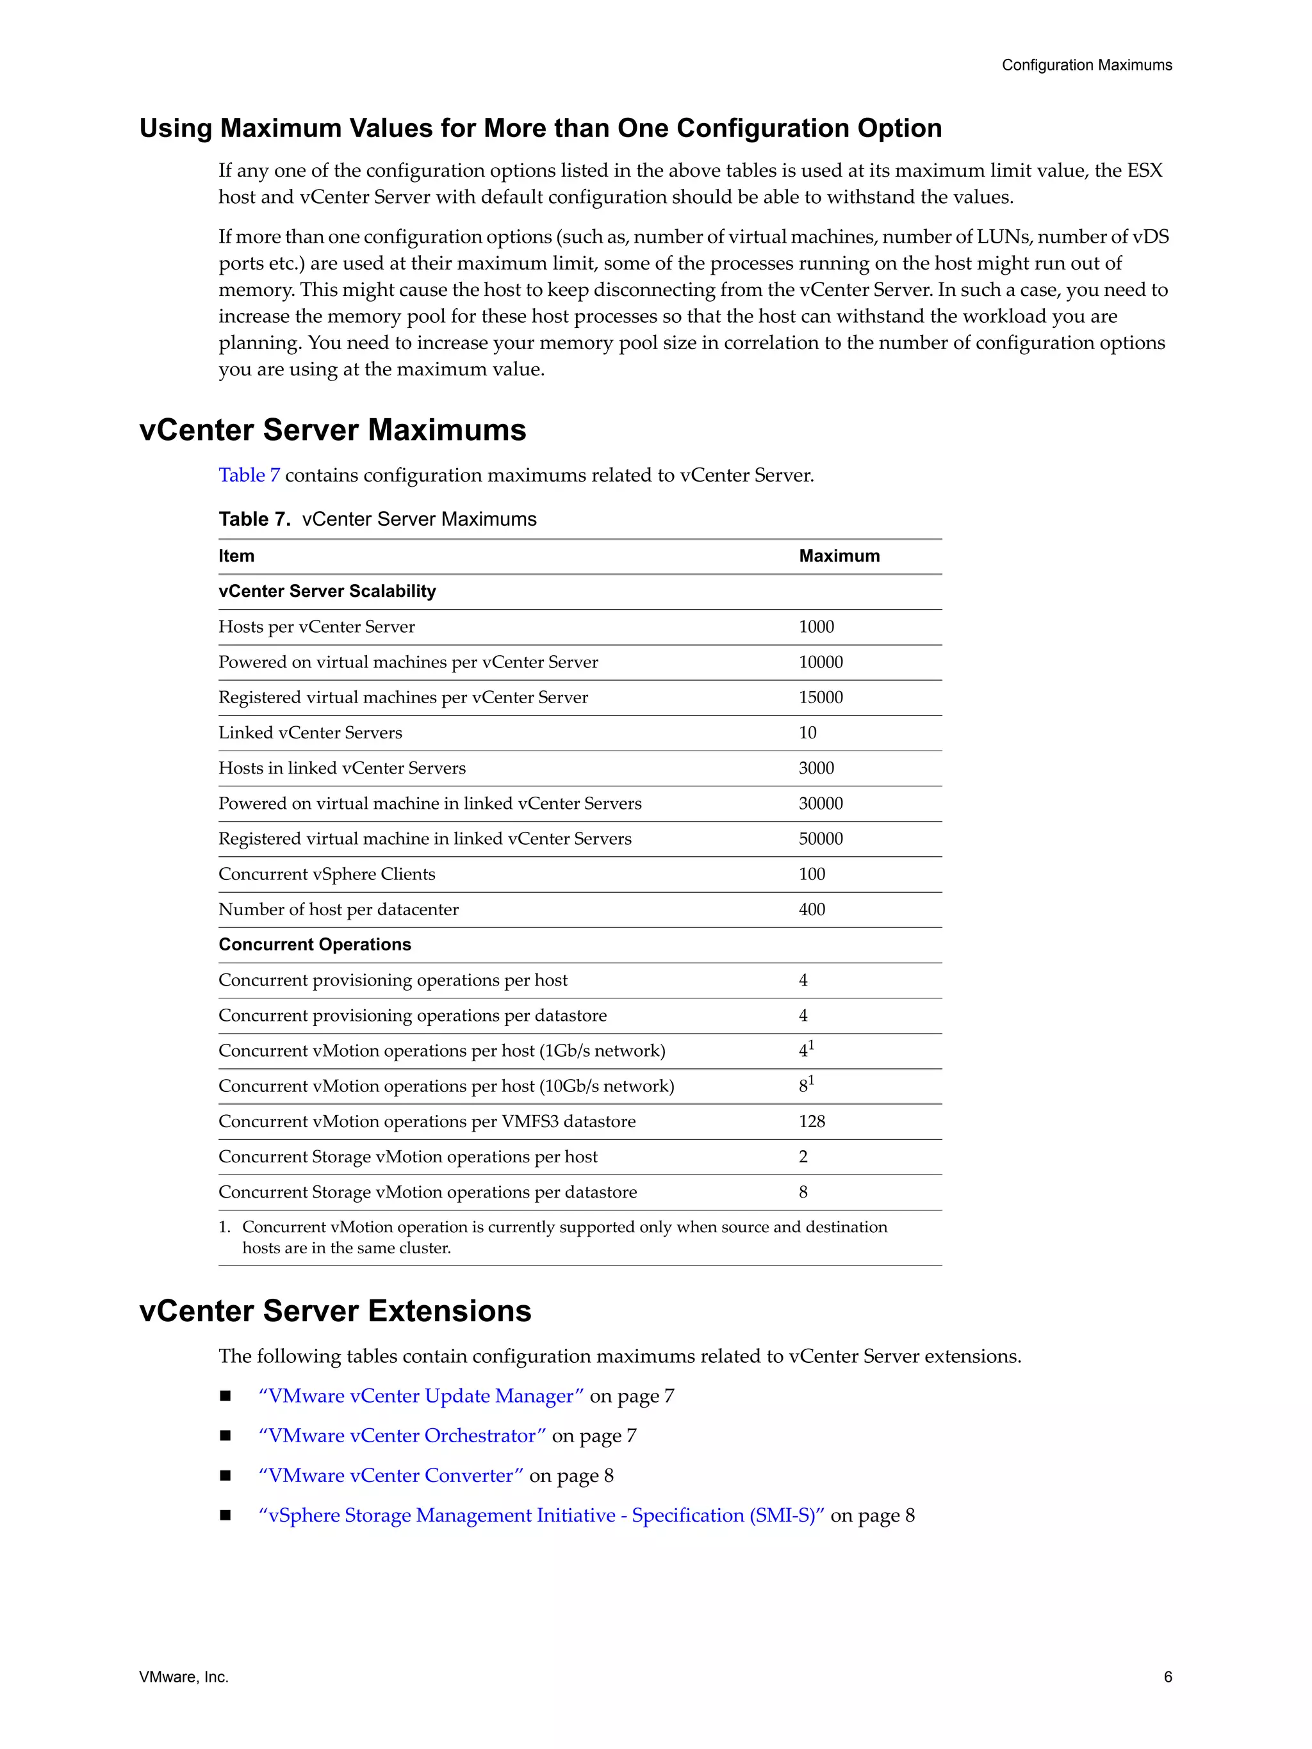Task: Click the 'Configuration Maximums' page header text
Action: pos(1086,65)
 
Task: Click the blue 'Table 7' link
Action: pos(249,475)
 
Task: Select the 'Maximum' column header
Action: pos(839,556)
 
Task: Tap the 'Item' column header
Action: pos(236,556)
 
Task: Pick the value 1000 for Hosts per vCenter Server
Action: pos(816,627)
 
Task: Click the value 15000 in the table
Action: pos(820,697)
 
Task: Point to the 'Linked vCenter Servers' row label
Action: pos(310,733)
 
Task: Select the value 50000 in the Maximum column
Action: pos(820,839)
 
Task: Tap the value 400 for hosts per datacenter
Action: pos(812,909)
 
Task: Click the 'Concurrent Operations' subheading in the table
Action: pos(315,945)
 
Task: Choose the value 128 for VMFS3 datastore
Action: pos(812,1121)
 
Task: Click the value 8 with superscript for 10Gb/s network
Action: pos(805,1086)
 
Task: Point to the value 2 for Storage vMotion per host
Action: pos(803,1157)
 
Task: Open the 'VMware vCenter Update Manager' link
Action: pos(421,1396)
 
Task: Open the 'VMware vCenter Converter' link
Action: pos(391,1476)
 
